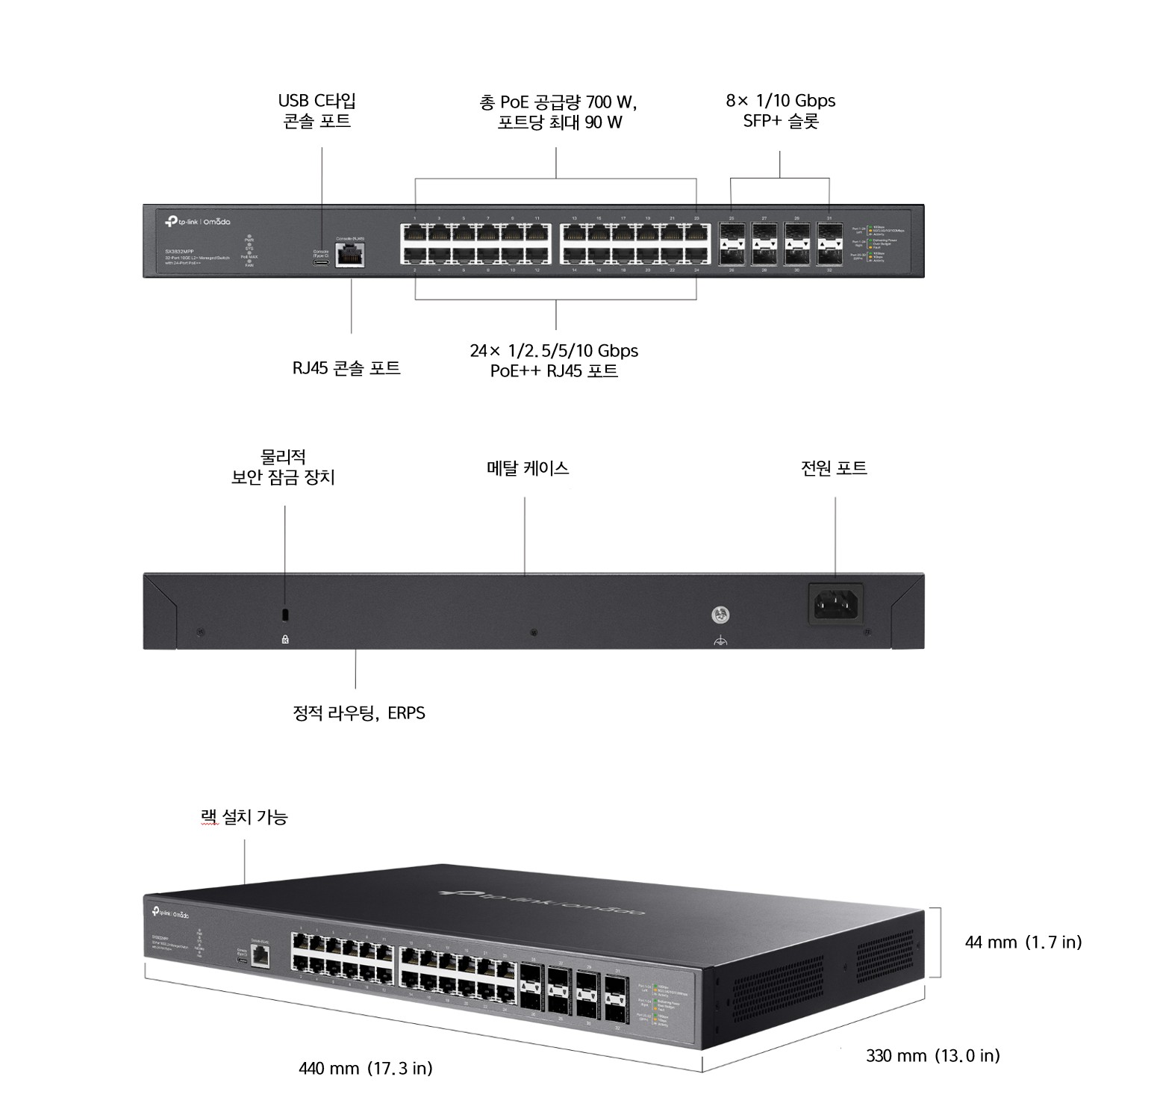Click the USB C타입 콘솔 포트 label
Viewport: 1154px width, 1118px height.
point(316,111)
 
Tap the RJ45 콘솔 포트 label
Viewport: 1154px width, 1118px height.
point(346,367)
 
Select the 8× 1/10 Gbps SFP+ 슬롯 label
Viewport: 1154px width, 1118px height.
point(780,111)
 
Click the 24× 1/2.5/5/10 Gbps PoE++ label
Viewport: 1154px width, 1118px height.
point(554,360)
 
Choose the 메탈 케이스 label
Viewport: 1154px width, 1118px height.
point(527,468)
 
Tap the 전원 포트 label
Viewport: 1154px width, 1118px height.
point(834,468)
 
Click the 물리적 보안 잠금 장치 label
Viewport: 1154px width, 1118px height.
point(283,467)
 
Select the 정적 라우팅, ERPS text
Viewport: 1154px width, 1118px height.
point(359,712)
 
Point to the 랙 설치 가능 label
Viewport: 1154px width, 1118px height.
point(244,817)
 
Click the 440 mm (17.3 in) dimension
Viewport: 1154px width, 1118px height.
point(365,1068)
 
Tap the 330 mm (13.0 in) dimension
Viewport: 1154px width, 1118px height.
point(932,1055)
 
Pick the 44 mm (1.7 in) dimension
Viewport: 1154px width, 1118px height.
point(1023,942)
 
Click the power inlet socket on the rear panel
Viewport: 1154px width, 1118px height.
point(835,603)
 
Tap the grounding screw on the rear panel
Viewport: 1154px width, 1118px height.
point(720,615)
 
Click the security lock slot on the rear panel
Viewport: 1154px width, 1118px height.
point(284,615)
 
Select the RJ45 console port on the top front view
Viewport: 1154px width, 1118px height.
point(349,255)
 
